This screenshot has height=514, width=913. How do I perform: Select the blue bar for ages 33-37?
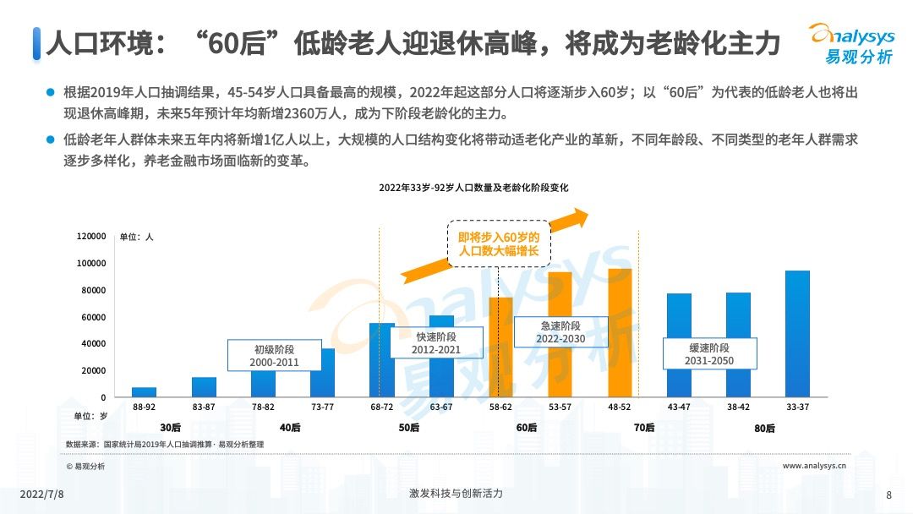click(797, 333)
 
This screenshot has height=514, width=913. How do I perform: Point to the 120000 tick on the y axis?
click(91, 236)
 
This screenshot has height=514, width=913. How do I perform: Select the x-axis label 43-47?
click(679, 407)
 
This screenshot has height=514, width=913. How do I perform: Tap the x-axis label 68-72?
click(381, 407)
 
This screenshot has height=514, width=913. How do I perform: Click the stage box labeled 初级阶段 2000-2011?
click(275, 355)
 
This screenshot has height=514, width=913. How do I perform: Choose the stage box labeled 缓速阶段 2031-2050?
click(709, 354)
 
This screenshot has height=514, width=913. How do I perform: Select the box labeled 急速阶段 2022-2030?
click(560, 332)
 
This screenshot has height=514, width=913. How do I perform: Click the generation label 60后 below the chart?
click(527, 428)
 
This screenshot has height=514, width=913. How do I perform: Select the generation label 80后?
click(764, 428)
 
